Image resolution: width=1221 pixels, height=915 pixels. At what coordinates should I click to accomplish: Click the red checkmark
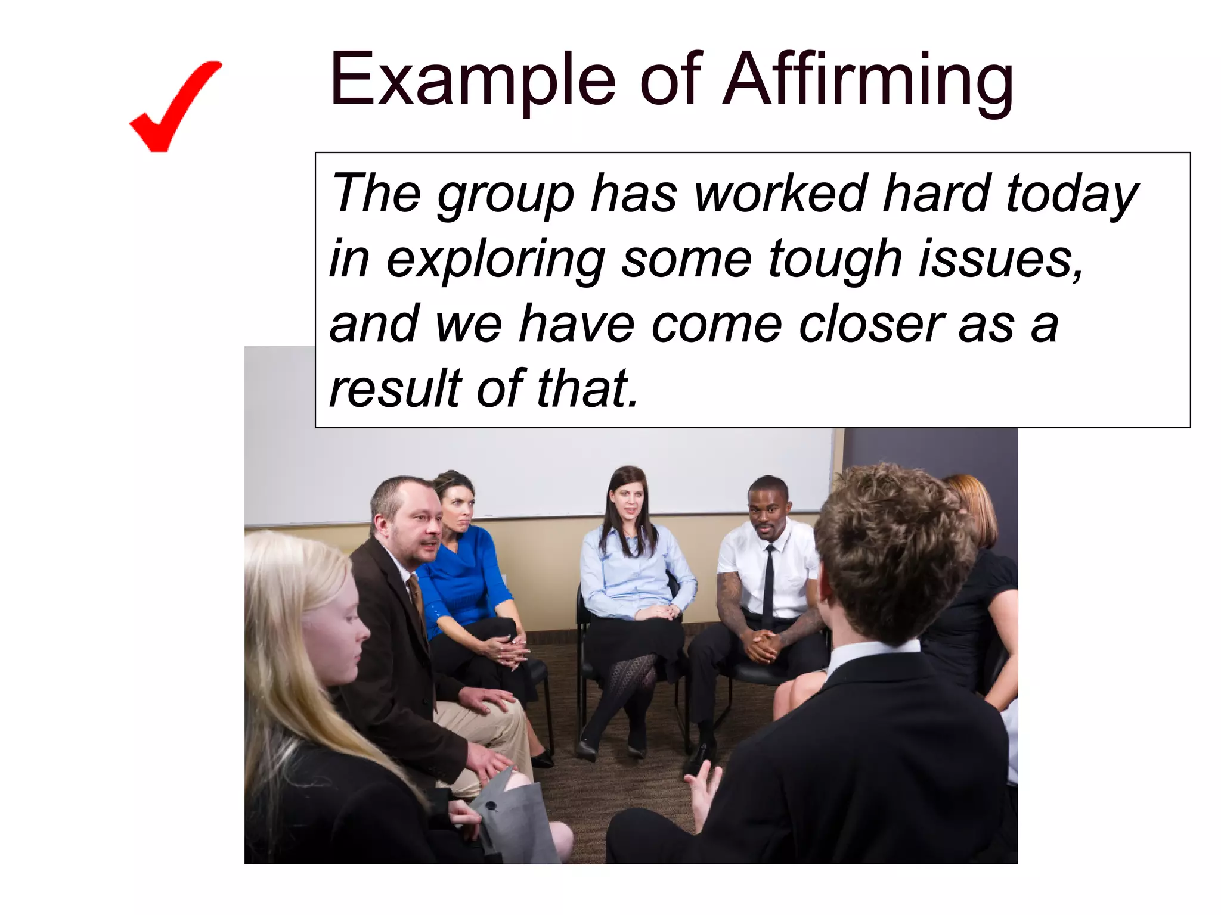(173, 107)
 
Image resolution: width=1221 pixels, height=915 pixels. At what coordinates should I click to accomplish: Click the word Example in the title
(472, 80)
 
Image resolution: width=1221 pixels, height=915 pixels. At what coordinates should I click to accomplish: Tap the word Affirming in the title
(867, 80)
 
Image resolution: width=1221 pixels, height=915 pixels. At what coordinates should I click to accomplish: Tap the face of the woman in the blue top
(458, 511)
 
